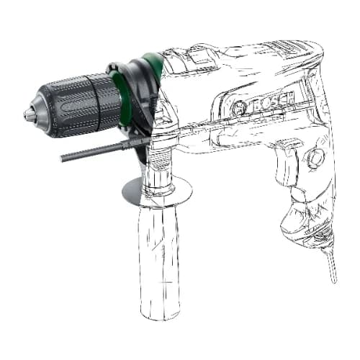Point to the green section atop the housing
point(153,62)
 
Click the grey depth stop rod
point(94,151)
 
